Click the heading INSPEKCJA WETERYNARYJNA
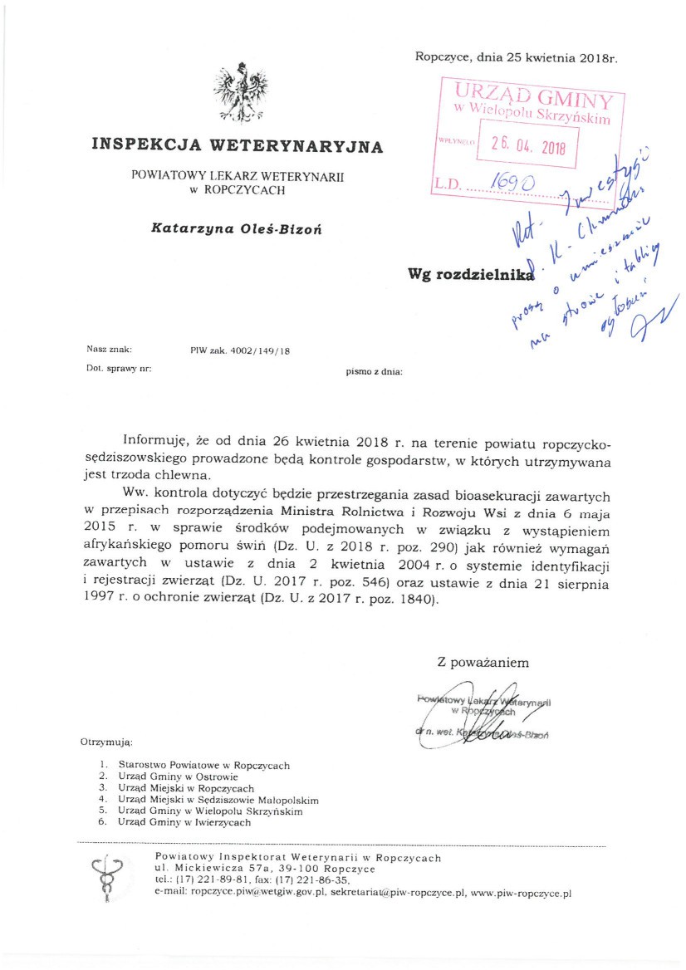pyautogui.click(x=238, y=147)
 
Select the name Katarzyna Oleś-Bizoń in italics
pyautogui.click(x=237, y=227)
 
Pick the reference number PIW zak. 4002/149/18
pyautogui.click(x=240, y=351)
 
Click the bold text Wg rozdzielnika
pyautogui.click(x=469, y=275)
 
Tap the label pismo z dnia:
pyautogui.click(x=375, y=372)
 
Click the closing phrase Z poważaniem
pyautogui.click(x=483, y=663)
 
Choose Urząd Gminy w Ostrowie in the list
pyautogui.click(x=172, y=776)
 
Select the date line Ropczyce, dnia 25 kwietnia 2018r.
pyautogui.click(x=517, y=57)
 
